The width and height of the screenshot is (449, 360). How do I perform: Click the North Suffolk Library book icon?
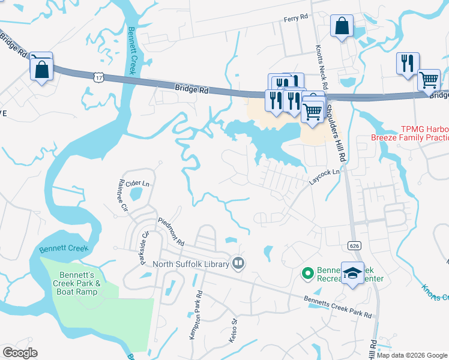click(x=238, y=263)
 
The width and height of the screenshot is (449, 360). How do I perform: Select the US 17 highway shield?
click(x=99, y=77)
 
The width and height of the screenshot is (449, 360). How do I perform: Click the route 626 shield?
click(x=353, y=245)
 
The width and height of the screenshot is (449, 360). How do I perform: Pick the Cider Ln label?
click(x=137, y=182)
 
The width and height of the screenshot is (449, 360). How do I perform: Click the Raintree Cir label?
click(x=124, y=198)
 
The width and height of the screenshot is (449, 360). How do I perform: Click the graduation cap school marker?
click(x=352, y=272)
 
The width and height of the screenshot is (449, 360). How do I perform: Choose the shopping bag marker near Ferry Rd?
click(x=342, y=26)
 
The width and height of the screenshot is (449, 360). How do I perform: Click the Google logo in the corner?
click(x=20, y=353)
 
